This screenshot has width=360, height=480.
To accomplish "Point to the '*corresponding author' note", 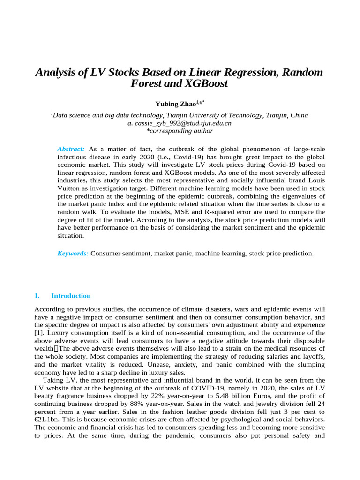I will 180,131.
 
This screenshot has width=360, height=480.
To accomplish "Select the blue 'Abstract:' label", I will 71,149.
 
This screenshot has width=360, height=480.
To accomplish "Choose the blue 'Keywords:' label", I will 73,254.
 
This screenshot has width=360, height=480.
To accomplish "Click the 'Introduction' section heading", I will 71,296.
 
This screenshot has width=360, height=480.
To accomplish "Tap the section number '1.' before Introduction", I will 37,296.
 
